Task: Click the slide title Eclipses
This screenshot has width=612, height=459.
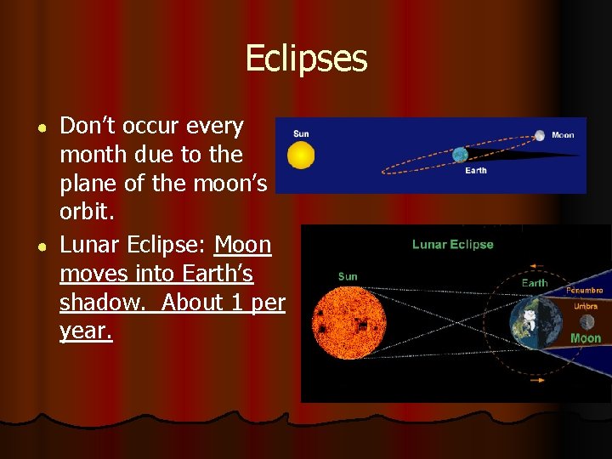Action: click(x=306, y=59)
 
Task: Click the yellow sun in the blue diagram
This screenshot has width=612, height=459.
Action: click(x=301, y=156)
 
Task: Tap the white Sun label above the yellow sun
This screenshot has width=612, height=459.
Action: click(x=301, y=133)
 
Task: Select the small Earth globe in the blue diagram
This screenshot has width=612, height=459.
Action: click(x=460, y=155)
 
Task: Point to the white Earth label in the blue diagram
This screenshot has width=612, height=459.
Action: click(x=476, y=171)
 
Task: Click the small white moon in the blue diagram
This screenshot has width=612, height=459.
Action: click(x=540, y=135)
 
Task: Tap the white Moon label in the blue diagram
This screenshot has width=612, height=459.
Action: click(x=563, y=134)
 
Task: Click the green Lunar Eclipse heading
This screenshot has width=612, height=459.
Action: click(x=452, y=245)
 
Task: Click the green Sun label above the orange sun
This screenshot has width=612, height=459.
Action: click(x=347, y=276)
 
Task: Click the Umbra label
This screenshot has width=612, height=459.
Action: click(x=586, y=306)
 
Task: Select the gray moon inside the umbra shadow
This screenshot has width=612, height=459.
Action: click(x=586, y=322)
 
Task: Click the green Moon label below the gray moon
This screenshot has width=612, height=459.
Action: click(x=586, y=338)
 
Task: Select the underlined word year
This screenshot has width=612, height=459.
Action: click(x=85, y=331)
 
